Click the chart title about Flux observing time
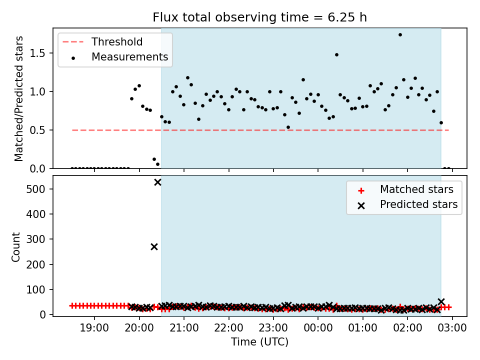[x=259, y=17]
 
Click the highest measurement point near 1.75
[x=400, y=35]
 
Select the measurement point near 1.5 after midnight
[x=336, y=55]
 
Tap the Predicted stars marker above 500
[x=157, y=182]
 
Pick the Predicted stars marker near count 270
[x=154, y=246]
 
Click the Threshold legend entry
[x=103, y=41]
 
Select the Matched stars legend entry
[x=405, y=189]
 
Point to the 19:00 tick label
[x=94, y=328]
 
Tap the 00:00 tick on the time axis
[x=318, y=328]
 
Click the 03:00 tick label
[x=452, y=328]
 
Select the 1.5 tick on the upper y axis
[x=37, y=53]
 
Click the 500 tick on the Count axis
[x=36, y=189]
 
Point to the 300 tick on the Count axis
[x=36, y=239]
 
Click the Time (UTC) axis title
[x=259, y=341]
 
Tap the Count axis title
[x=15, y=247]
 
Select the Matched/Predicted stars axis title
[x=18, y=98]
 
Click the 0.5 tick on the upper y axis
[x=37, y=130]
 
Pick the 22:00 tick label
[x=228, y=328]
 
